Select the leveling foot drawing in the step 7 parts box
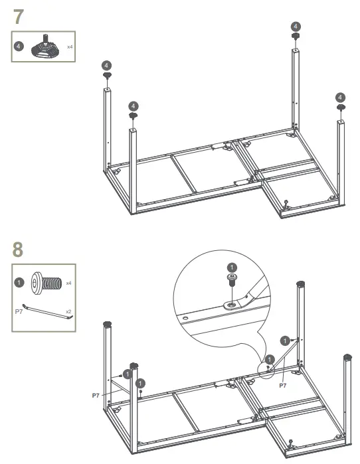point(47,48)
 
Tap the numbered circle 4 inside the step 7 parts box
point(19,46)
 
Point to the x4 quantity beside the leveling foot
point(69,47)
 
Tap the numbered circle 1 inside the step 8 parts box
point(19,282)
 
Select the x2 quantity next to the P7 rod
point(68,311)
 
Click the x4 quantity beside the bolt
point(68,283)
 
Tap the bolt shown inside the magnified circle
point(232,279)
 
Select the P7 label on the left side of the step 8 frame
point(96,394)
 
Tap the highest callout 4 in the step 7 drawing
point(295,26)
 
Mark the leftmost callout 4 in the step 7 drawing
point(106,65)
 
